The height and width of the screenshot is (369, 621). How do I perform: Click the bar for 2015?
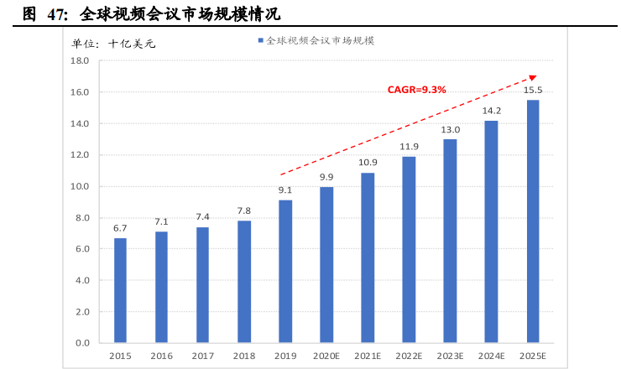[x=121, y=290]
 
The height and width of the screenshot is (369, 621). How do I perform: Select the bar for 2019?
[x=285, y=271]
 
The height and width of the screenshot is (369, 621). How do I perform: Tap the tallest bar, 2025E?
[x=533, y=221]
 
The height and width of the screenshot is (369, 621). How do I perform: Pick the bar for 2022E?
[x=409, y=250]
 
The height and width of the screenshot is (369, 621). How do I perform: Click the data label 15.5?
[x=533, y=90]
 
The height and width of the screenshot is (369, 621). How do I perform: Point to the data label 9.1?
[x=285, y=190]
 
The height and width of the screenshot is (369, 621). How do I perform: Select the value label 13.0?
[x=451, y=129]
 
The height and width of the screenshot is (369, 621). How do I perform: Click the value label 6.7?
[x=121, y=228]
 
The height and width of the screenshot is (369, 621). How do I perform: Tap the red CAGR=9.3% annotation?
[x=416, y=89]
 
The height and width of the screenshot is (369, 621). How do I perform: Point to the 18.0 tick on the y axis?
[x=80, y=61]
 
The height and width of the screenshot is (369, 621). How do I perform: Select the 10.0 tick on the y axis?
[x=80, y=186]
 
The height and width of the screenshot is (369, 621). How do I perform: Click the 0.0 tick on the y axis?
[x=82, y=343]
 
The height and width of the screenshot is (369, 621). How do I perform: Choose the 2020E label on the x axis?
[x=326, y=356]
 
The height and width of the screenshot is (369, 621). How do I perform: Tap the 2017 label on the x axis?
[x=203, y=356]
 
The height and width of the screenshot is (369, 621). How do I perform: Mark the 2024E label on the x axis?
[x=492, y=356]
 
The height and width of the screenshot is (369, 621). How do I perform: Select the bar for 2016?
[x=162, y=287]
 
